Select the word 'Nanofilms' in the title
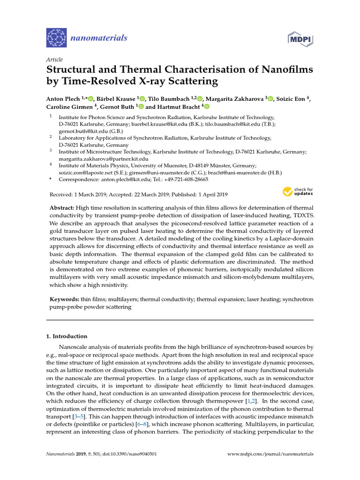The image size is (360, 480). pos(280,69)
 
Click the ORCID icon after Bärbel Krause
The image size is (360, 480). pos(142,98)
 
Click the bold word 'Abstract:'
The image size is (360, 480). pos(63,207)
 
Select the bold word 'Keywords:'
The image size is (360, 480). pos(65,299)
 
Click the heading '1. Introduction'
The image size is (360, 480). pos(66,336)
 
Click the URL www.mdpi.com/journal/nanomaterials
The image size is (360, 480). pos(270,454)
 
